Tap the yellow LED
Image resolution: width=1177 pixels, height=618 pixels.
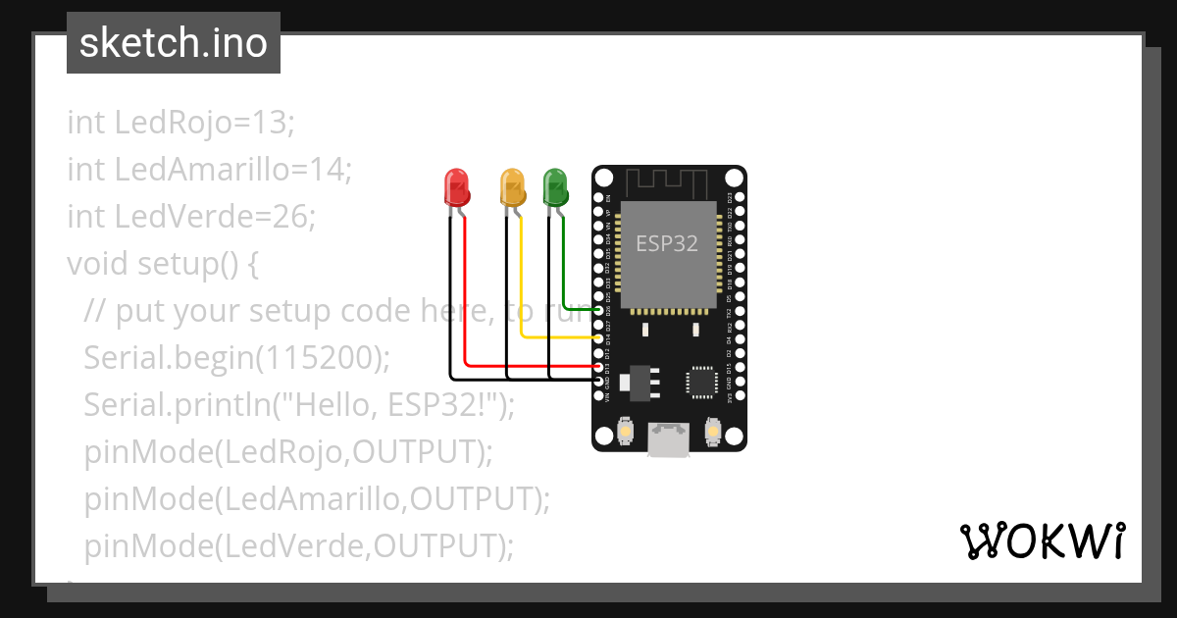[512, 185]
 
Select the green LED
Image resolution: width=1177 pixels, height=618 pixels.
[555, 185]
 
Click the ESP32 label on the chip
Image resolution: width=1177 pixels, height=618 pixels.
[667, 243]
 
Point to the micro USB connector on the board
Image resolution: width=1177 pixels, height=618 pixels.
[668, 441]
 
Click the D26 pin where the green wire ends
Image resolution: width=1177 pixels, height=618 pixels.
[600, 309]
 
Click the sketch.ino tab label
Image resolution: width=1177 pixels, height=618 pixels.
[174, 43]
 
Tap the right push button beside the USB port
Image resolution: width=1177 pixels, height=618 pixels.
[713, 431]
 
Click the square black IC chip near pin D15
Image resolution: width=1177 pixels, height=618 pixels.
[702, 382]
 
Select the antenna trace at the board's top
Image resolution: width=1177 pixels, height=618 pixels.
[666, 180]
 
